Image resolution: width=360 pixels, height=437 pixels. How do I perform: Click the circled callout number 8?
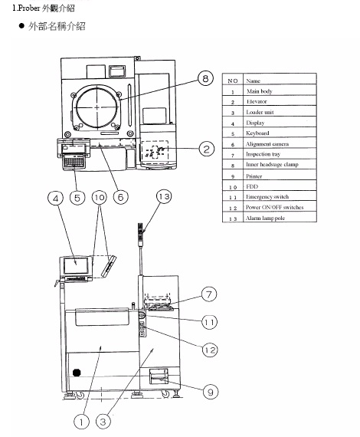[205, 78]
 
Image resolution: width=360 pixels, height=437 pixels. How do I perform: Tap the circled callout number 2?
[207, 149]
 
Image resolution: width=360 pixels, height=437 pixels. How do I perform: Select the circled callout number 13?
[164, 196]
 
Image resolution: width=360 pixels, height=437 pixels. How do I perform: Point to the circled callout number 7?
[209, 294]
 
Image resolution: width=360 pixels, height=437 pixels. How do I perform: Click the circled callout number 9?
[211, 392]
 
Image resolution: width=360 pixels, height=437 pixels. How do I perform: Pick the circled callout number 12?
[210, 350]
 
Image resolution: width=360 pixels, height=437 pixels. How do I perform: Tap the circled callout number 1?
[81, 422]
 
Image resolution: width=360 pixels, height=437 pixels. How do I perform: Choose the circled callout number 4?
[56, 198]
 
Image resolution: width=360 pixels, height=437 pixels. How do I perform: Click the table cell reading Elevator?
[257, 101]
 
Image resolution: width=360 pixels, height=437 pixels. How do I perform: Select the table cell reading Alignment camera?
[267, 144]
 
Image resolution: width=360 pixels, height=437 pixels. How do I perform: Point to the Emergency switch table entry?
[267, 196]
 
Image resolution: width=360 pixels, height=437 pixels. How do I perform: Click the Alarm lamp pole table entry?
[265, 218]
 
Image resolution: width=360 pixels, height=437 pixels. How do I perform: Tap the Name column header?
[253, 80]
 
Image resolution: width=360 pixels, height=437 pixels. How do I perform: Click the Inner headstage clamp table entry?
[272, 164]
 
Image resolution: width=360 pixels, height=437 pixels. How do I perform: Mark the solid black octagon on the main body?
[77, 373]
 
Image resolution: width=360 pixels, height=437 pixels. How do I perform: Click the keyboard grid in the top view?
[74, 162]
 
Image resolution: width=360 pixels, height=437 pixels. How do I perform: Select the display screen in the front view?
[76, 265]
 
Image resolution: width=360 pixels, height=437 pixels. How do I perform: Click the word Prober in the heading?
[29, 8]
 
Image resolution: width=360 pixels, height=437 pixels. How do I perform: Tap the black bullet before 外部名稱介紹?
[21, 26]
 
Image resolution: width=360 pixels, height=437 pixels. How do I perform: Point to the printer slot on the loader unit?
[159, 376]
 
